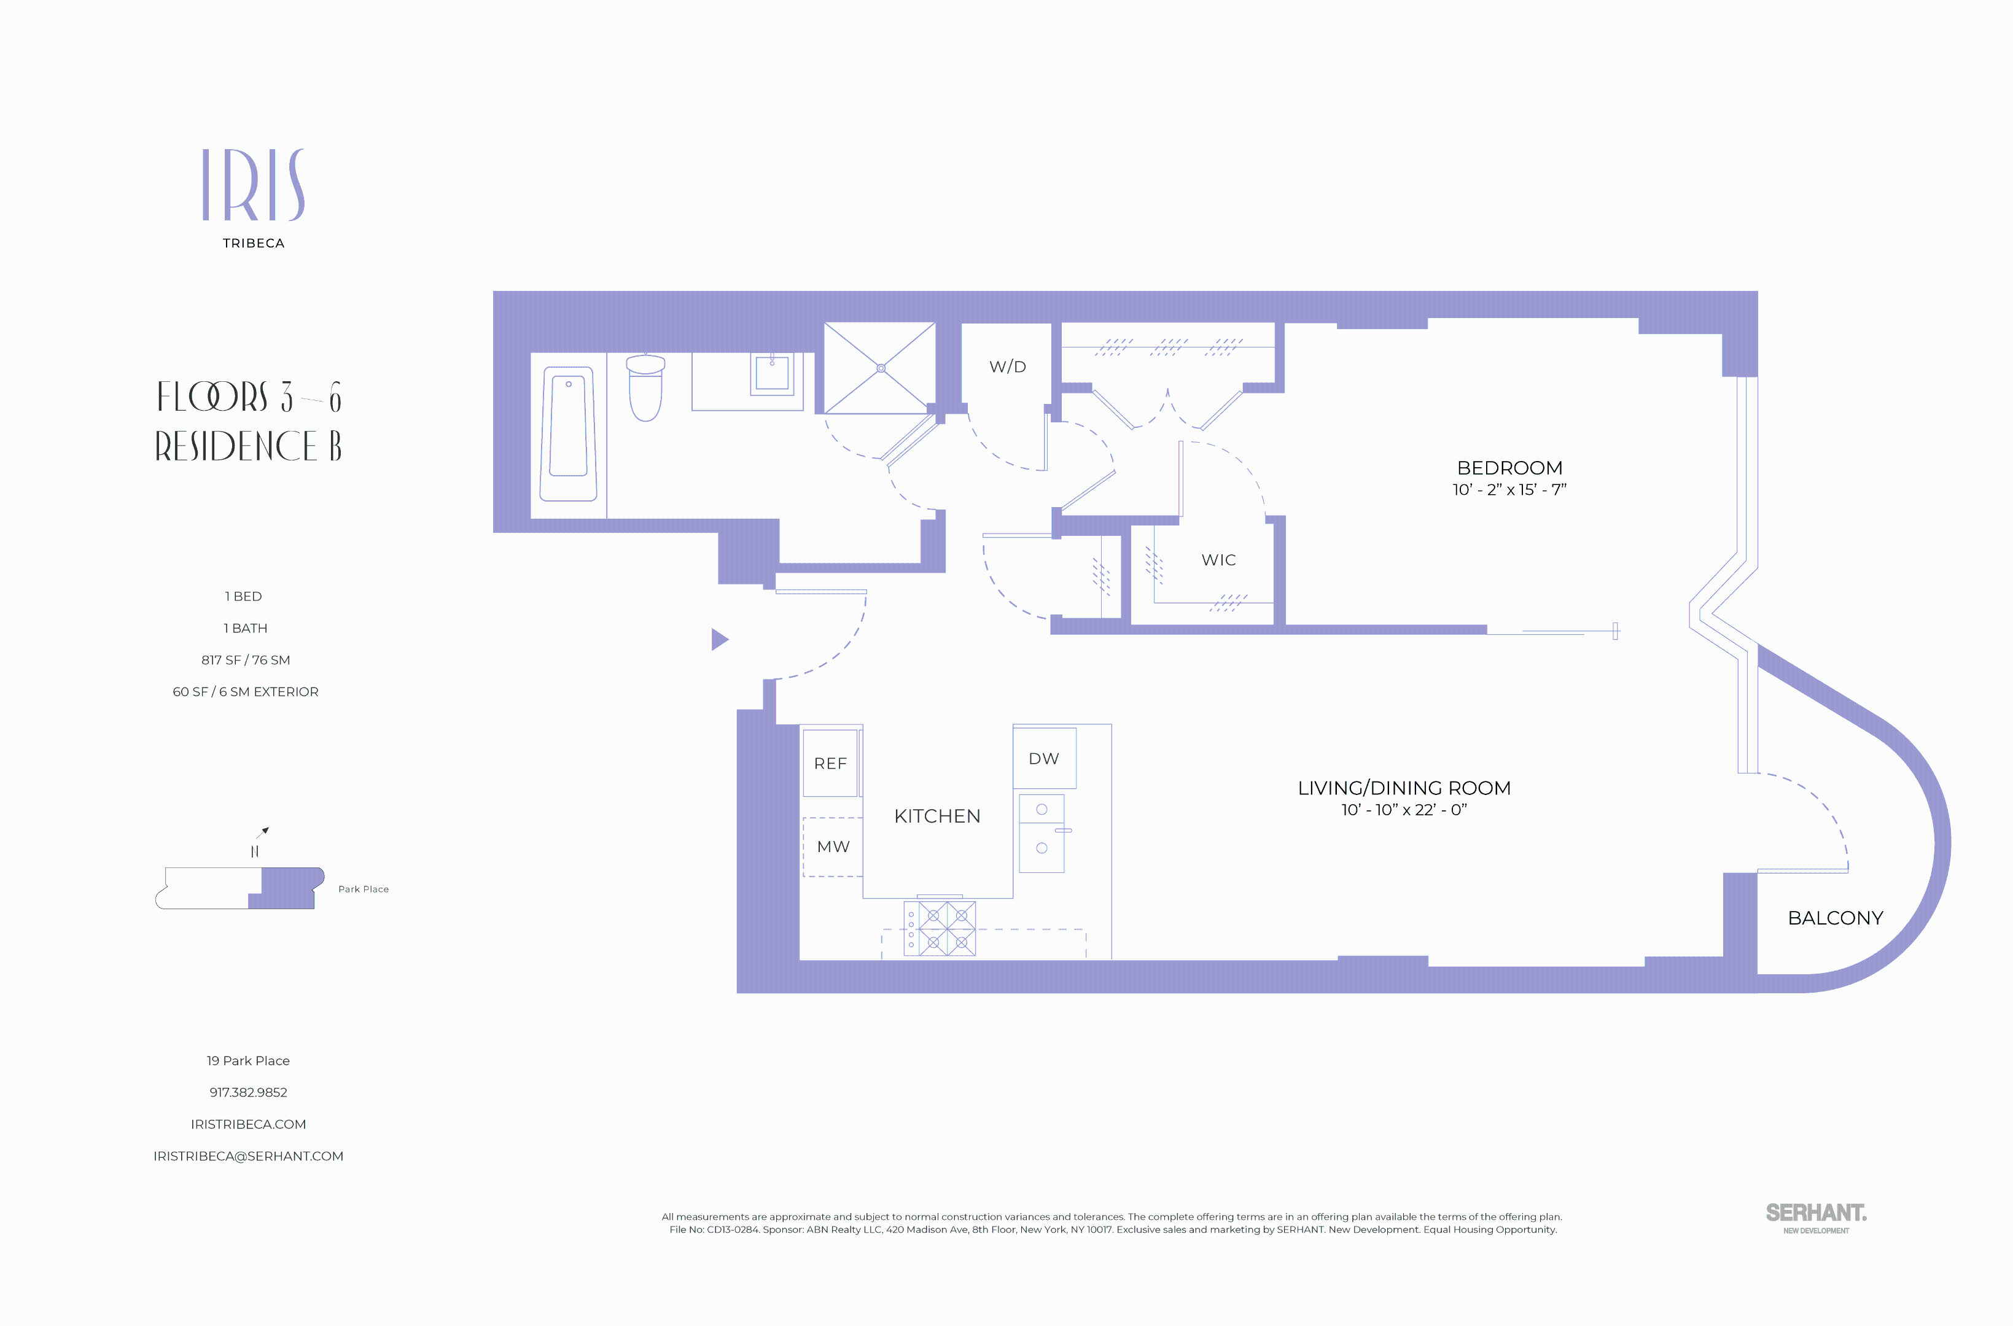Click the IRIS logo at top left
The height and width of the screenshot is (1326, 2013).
click(x=253, y=185)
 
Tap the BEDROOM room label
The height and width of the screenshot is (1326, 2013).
click(x=1509, y=468)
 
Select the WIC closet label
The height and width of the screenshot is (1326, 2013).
click(x=1218, y=560)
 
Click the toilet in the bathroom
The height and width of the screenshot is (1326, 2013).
click(x=645, y=389)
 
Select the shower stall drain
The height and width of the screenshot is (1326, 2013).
click(x=881, y=368)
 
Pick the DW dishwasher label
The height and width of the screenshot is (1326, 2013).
click(x=1044, y=759)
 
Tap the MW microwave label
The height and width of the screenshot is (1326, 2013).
click(x=833, y=847)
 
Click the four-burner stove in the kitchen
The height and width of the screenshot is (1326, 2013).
click(x=940, y=929)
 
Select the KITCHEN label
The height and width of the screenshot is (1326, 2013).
click(x=937, y=816)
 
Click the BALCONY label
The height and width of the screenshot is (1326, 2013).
click(x=1834, y=918)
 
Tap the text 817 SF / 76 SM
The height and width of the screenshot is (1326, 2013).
click(x=245, y=659)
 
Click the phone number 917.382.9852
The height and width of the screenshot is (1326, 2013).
click(x=249, y=1093)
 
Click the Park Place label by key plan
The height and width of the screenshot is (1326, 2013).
click(x=364, y=889)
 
